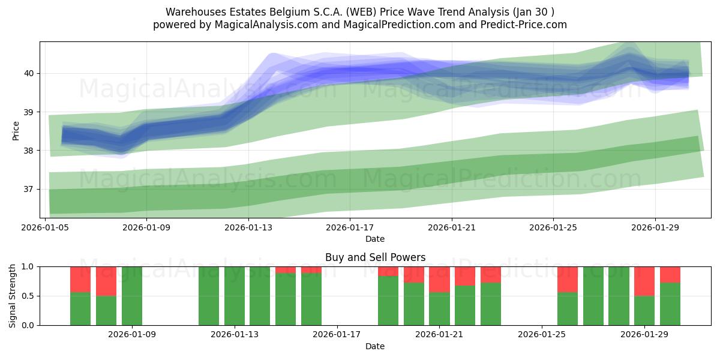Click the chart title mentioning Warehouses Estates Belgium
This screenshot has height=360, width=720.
coord(360,12)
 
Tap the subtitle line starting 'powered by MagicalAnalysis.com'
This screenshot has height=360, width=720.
coord(360,25)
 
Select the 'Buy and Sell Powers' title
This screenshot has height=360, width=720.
coord(375,257)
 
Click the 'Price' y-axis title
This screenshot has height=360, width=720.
coord(16,131)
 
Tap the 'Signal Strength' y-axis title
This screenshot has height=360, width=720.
coord(13,296)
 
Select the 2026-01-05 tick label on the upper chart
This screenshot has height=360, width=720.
coord(46,227)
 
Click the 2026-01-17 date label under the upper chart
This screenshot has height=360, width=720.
coord(350,227)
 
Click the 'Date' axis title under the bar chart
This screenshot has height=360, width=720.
coord(375,346)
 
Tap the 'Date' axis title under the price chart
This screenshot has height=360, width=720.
coord(375,239)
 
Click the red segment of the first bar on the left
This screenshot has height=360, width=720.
coord(80,279)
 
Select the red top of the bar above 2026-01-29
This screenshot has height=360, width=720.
coord(644,281)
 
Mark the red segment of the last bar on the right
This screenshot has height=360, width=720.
coord(670,274)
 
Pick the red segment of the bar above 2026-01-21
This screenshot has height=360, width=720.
coord(439,279)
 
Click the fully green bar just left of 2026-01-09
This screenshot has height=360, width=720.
coord(132,296)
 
